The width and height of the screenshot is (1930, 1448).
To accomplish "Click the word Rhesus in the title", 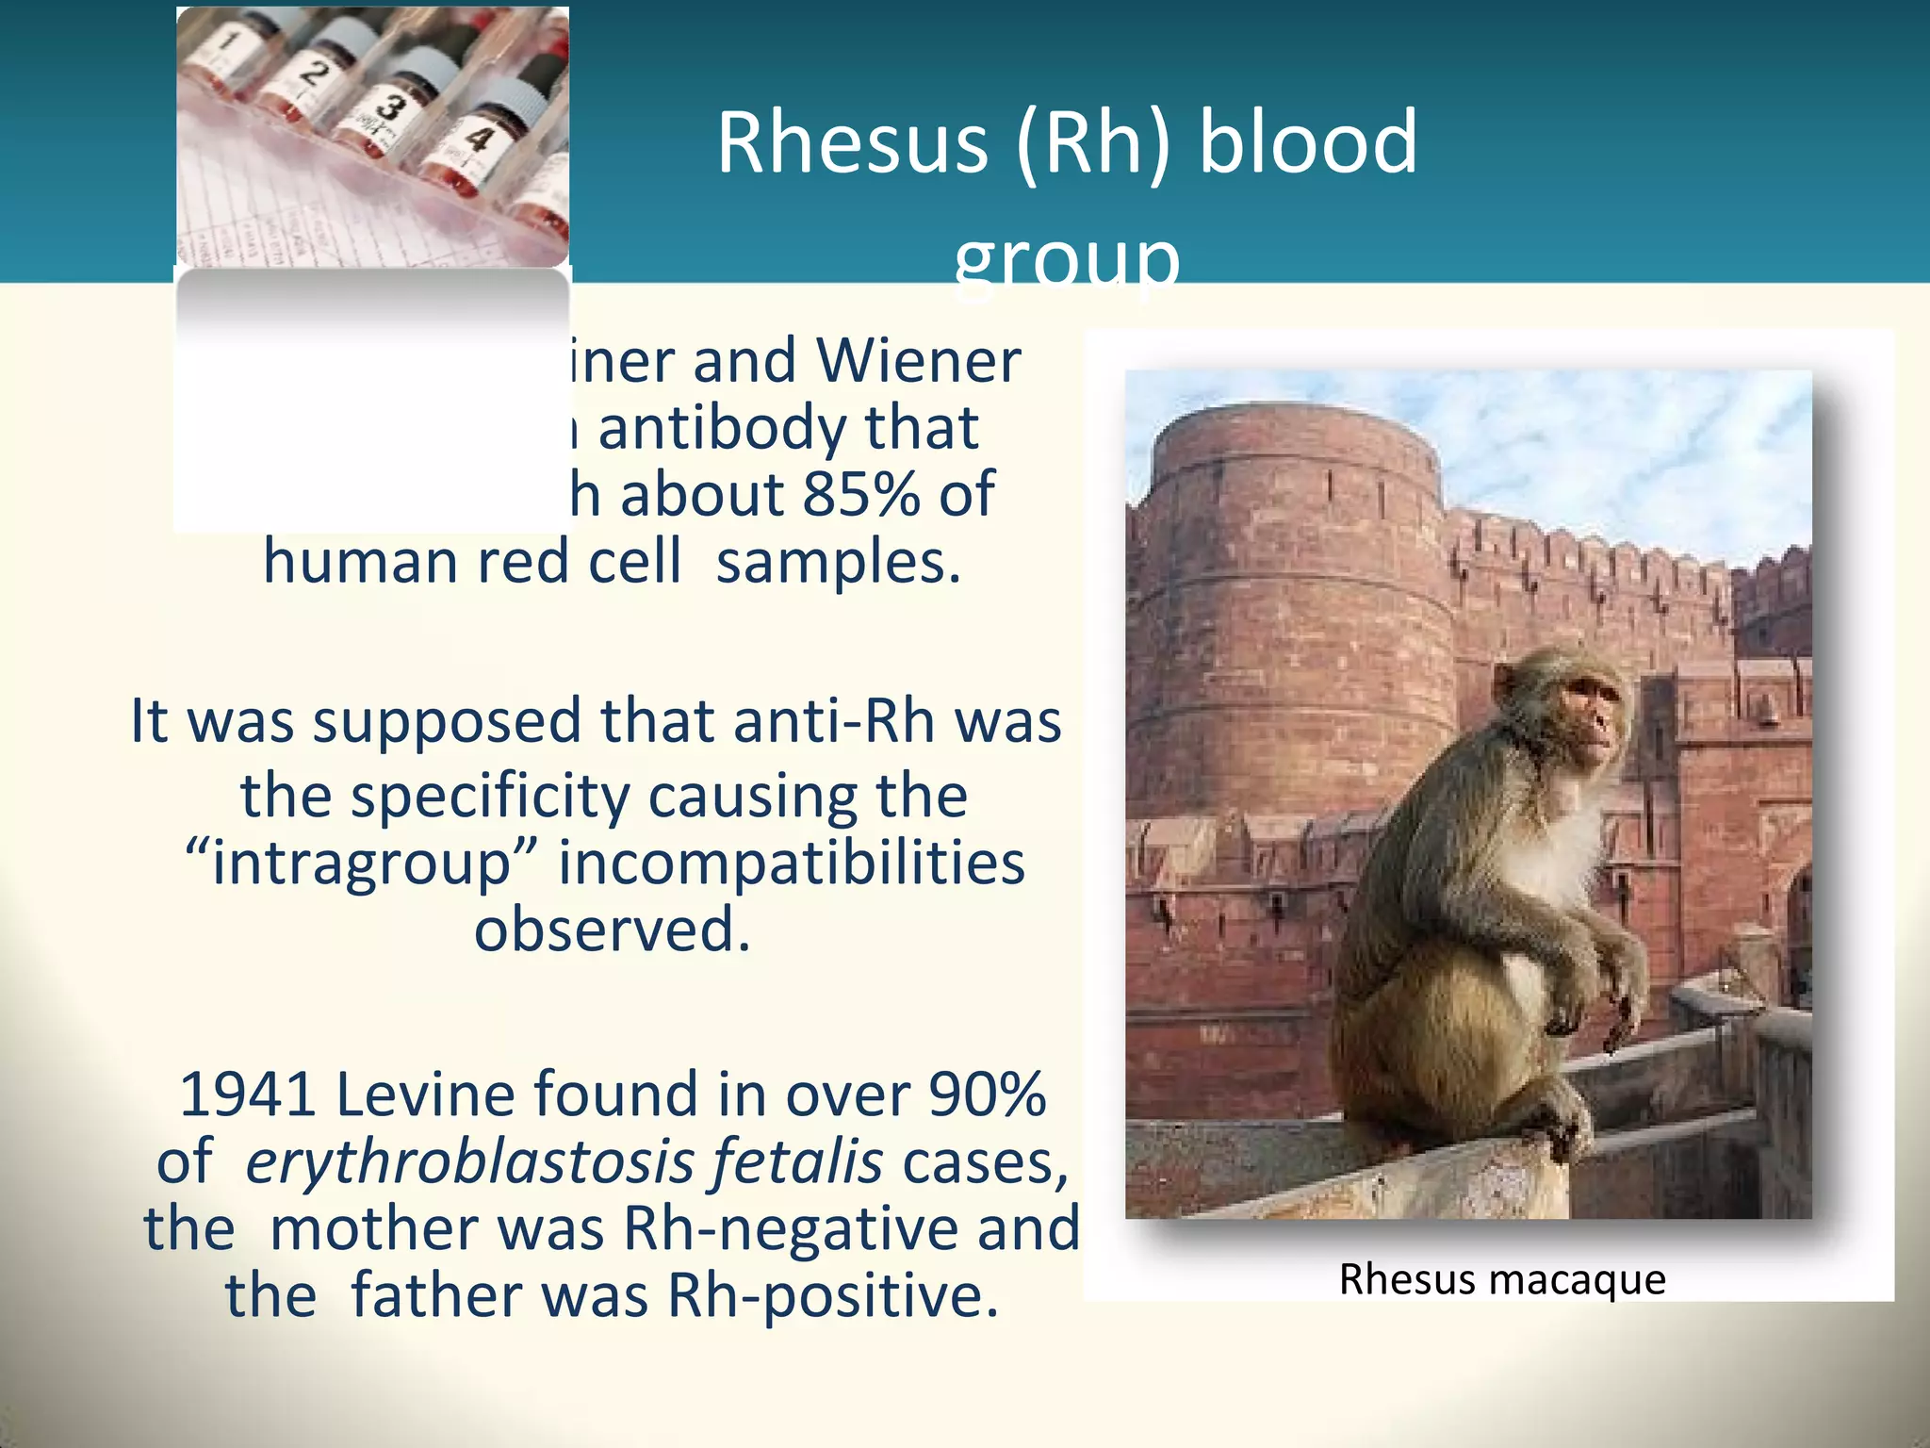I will (x=852, y=143).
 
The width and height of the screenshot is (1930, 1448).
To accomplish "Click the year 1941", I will (x=247, y=1095).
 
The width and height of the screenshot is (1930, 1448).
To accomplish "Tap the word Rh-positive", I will (x=832, y=1296).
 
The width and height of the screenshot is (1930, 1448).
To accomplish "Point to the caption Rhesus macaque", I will (x=1502, y=1279).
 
